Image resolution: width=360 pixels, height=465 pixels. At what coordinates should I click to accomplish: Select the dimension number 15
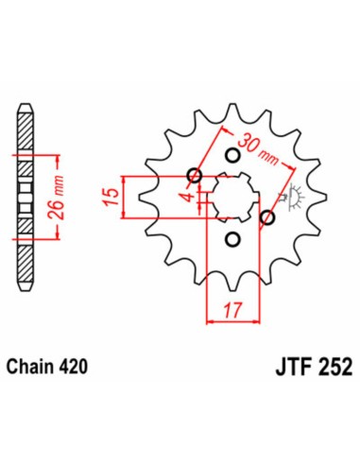[111, 196]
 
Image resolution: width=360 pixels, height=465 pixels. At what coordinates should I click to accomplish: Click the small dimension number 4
[189, 198]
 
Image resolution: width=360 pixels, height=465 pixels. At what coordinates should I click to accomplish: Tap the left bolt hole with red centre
[195, 175]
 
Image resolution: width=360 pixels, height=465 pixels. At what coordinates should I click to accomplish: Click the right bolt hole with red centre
[267, 219]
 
